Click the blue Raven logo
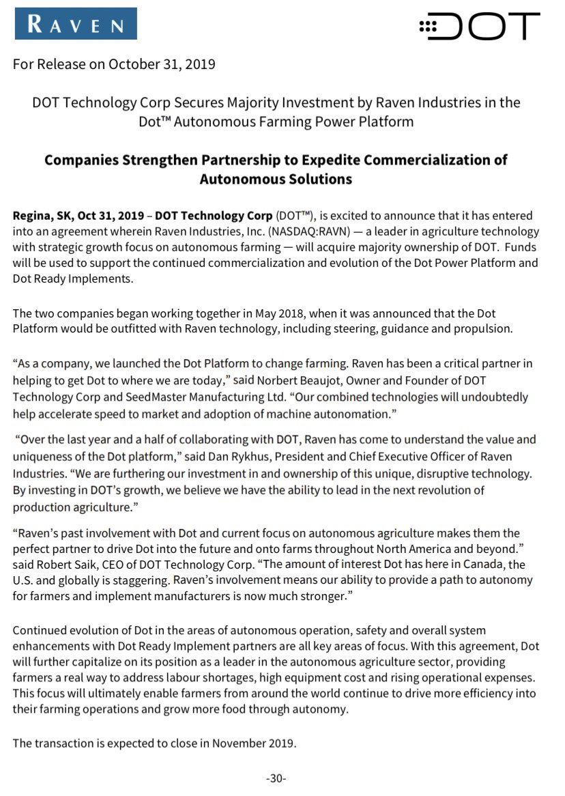coord(75,25)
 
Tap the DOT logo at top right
coord(479,26)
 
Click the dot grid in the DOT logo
coord(428,27)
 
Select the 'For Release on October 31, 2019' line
coord(114,65)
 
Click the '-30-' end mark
coord(276,779)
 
